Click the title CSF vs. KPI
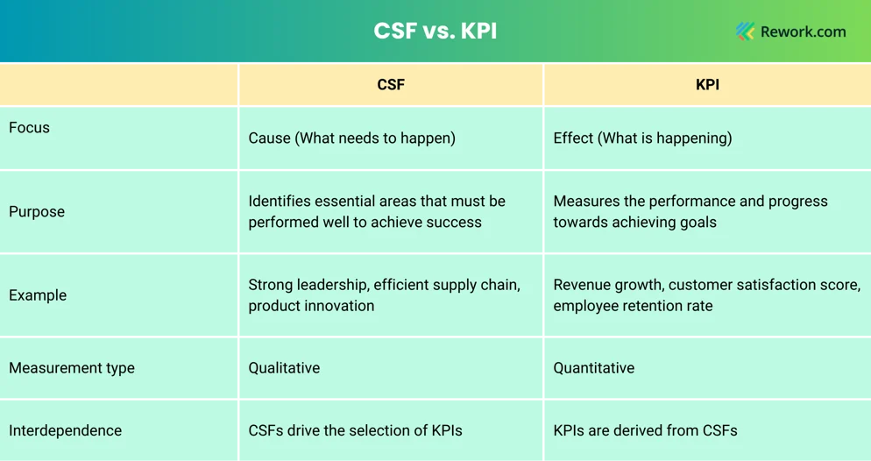click(435, 31)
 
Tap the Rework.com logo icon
click(746, 32)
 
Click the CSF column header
click(391, 84)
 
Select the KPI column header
click(707, 84)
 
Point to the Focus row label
click(30, 128)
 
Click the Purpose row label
click(37, 211)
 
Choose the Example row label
click(38, 295)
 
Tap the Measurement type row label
click(72, 368)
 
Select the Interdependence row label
click(65, 430)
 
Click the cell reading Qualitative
click(284, 368)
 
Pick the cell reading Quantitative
click(594, 368)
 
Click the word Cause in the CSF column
click(269, 138)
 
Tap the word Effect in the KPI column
click(573, 138)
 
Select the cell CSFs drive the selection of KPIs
click(355, 430)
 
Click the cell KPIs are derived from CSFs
click(646, 430)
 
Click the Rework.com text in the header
click(804, 32)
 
